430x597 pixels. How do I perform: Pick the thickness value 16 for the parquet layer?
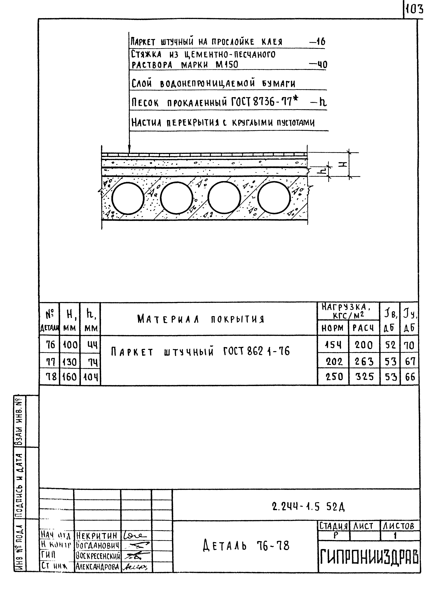pyautogui.click(x=320, y=42)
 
